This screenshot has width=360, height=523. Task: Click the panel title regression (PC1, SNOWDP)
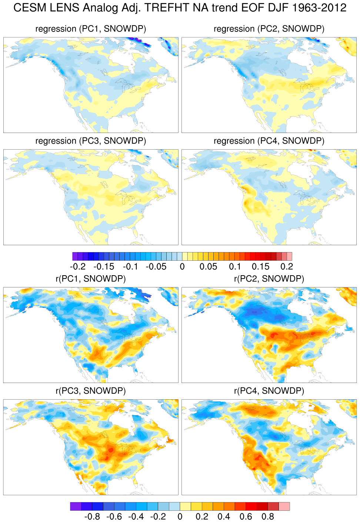tap(91, 29)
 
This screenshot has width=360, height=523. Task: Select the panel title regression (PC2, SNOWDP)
tap(269, 29)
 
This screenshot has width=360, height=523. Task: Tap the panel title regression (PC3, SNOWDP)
tap(91, 141)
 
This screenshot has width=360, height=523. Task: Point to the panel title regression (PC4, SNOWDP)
tap(269, 141)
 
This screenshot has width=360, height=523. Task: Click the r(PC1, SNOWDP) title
tap(91, 279)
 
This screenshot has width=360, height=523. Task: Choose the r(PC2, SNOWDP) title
tap(269, 279)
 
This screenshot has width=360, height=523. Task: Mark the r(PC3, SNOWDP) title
tap(91, 391)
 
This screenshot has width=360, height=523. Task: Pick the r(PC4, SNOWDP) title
tap(269, 391)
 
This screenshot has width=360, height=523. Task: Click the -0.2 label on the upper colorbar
tap(78, 267)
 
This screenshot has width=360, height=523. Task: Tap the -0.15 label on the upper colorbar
tap(104, 267)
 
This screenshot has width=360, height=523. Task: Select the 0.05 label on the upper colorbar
tap(209, 267)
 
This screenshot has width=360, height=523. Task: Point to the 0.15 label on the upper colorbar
tap(261, 267)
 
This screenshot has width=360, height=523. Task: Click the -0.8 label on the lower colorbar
tap(92, 517)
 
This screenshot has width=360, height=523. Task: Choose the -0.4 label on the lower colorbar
tap(136, 517)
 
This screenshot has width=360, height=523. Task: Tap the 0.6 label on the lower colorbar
tap(246, 517)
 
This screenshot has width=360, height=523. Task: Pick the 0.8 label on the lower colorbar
tap(268, 517)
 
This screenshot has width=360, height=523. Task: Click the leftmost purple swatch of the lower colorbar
tap(76, 506)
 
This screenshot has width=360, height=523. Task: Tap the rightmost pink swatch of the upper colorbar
tap(290, 256)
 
